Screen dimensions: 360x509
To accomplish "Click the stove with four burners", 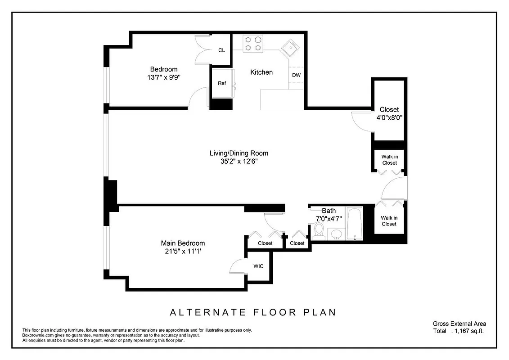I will [x=253, y=44].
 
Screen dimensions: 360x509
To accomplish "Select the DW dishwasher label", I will [x=296, y=75].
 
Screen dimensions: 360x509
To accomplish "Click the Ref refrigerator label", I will [x=222, y=83].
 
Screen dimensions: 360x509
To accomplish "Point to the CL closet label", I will [x=221, y=50].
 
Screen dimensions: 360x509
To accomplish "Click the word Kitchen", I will [x=261, y=72].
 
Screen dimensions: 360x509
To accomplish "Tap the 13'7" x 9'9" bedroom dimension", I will [x=164, y=77].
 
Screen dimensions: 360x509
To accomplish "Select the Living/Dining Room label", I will [x=239, y=153].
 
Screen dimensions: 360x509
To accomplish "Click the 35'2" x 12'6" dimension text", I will [x=239, y=162].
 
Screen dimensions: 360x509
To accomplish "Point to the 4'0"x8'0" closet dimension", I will [x=389, y=118].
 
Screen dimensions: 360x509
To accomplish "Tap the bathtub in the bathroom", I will [x=354, y=223].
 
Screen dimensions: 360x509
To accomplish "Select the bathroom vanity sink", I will [x=335, y=233].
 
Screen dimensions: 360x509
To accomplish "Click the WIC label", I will [x=258, y=266].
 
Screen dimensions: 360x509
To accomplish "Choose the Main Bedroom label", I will [x=183, y=243].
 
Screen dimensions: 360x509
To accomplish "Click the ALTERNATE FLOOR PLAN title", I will [x=252, y=312].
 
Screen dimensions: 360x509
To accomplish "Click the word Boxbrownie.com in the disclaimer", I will [x=39, y=335].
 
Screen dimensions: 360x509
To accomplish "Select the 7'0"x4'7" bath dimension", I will [x=329, y=219].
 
